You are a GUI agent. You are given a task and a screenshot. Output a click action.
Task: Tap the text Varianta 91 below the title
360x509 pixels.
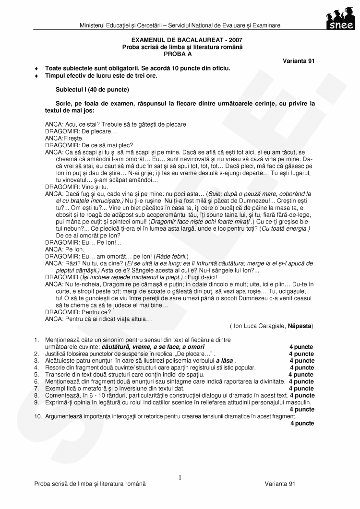click(x=299, y=61)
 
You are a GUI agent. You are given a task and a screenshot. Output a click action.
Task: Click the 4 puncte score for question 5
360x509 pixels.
click(x=301, y=374)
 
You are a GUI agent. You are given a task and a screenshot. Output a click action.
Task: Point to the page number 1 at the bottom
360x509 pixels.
click(x=180, y=477)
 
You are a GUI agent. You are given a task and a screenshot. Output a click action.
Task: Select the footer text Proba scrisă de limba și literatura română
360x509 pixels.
click(x=90, y=484)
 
